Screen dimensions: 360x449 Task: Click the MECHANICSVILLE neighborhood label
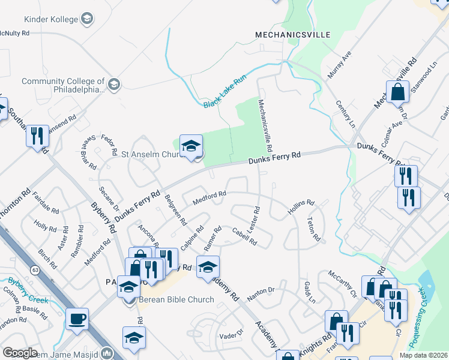(293, 35)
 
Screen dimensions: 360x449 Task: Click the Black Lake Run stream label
(225, 92)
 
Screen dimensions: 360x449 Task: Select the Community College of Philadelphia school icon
(114, 84)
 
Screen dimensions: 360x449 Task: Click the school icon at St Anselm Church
(191, 146)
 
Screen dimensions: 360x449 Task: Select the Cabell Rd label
(244, 239)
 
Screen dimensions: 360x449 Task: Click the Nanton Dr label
(261, 290)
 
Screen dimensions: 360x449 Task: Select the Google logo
(20, 353)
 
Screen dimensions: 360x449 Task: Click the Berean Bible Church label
(176, 300)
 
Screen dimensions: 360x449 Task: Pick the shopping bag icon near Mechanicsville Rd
(397, 93)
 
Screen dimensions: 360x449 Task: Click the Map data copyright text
(423, 355)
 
